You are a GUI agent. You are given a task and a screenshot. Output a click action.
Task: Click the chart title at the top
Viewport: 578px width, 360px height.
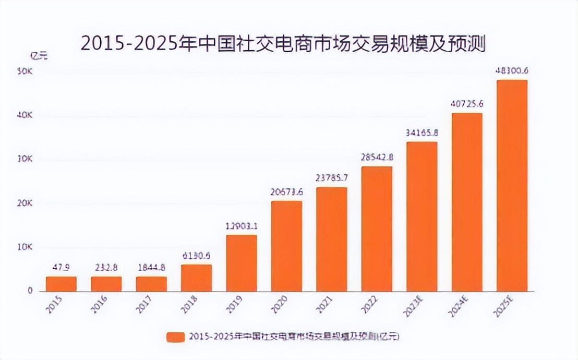[283, 44]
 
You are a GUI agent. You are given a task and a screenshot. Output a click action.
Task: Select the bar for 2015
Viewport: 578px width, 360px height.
[61, 284]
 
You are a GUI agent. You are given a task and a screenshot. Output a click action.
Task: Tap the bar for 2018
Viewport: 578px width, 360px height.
[197, 278]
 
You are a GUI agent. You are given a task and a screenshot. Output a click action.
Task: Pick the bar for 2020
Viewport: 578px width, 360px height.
[286, 246]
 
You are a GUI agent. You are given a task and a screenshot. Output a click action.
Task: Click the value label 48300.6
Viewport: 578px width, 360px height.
[512, 70]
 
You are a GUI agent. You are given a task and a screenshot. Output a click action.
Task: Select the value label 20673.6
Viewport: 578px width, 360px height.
[286, 191]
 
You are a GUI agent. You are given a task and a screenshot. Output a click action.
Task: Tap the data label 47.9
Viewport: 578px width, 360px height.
[61, 267]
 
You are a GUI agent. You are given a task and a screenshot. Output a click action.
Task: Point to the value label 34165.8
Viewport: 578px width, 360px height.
[422, 133]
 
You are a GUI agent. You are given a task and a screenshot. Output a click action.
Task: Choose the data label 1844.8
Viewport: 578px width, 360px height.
[151, 267]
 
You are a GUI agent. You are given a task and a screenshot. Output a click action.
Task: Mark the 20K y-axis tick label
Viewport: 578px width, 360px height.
[25, 203]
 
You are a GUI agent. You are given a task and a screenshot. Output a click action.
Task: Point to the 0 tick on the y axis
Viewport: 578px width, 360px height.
[30, 291]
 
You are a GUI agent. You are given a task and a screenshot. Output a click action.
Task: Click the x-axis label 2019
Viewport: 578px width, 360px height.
[234, 306]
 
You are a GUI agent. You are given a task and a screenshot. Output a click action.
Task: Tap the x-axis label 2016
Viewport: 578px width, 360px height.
[99, 306]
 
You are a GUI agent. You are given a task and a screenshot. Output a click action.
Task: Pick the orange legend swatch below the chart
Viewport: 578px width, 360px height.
[175, 337]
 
